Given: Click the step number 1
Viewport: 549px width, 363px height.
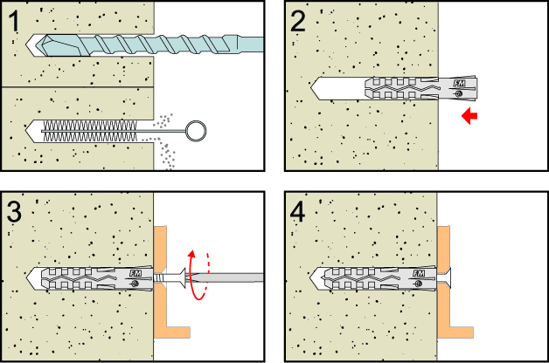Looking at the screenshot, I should [16, 18].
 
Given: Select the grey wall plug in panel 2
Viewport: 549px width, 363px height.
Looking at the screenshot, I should [411, 88].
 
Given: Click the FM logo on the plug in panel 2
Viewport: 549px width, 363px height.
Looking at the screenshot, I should [458, 84].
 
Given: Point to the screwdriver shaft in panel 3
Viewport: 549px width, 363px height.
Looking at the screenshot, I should [236, 277].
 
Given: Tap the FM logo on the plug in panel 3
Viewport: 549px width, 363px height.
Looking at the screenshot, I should [136, 273].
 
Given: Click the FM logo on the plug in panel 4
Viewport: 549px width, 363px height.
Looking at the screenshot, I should [420, 273].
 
